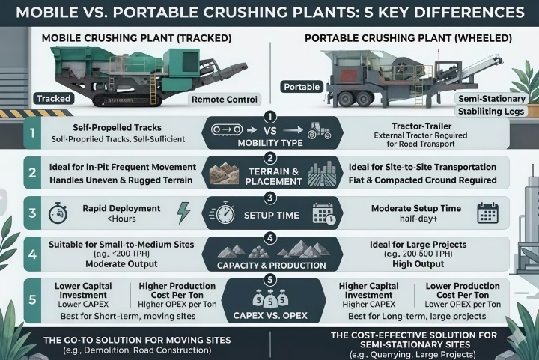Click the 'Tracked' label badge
coord(54,99)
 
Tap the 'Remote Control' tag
coord(225,100)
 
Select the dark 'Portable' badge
coord(302,87)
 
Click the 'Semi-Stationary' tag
coord(492,99)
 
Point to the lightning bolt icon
coord(183,213)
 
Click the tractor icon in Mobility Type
coord(320,130)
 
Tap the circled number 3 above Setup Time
coord(269,198)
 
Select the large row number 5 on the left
coord(32,299)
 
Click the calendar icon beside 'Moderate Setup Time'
coord(488,213)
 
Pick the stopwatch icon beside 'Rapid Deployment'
coord(58,213)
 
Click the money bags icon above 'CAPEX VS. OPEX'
coord(270,298)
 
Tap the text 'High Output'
coord(418,263)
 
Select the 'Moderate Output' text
coord(121,263)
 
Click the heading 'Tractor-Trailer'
coord(421,126)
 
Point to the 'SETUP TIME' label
coord(272,216)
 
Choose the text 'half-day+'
coord(418,219)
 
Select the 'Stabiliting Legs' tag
coord(491,112)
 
